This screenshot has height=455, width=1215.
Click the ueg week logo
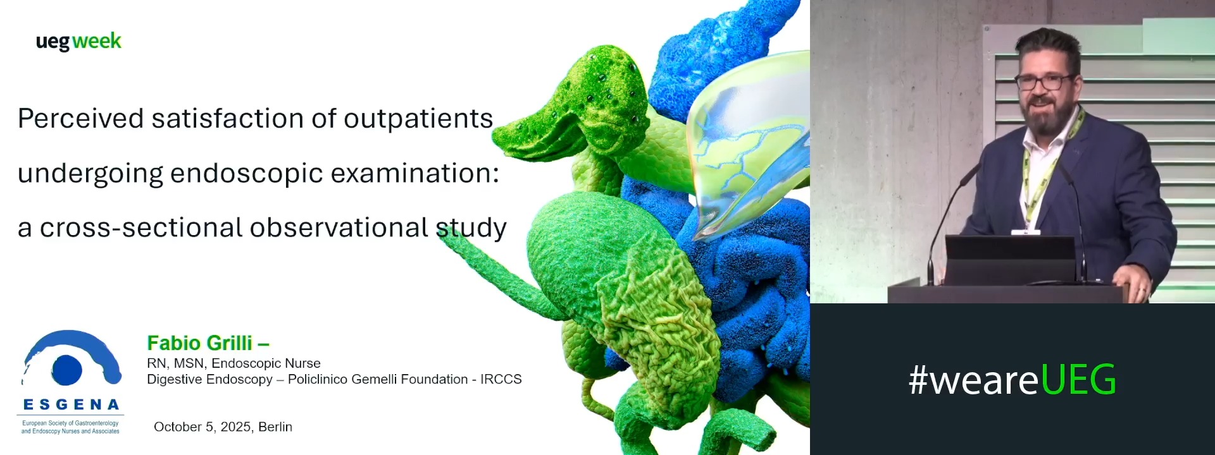click(x=78, y=42)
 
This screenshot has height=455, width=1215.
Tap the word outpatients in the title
click(x=418, y=119)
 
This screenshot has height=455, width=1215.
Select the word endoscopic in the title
click(x=246, y=174)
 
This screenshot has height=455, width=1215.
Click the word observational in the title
click(x=339, y=227)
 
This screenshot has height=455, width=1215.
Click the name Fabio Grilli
click(x=199, y=343)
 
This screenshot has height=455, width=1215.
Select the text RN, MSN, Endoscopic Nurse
click(x=234, y=363)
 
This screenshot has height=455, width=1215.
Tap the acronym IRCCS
click(x=501, y=379)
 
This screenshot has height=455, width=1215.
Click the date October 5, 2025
click(x=202, y=427)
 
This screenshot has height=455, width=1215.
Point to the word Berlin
click(x=275, y=427)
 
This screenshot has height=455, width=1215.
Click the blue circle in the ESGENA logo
click(x=67, y=370)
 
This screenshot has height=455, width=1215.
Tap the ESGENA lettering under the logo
click(x=71, y=404)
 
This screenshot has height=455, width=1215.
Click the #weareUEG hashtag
click(x=1012, y=379)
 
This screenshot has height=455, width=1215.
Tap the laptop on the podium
click(x=1010, y=259)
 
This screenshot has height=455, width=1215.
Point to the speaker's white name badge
click(x=1025, y=233)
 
